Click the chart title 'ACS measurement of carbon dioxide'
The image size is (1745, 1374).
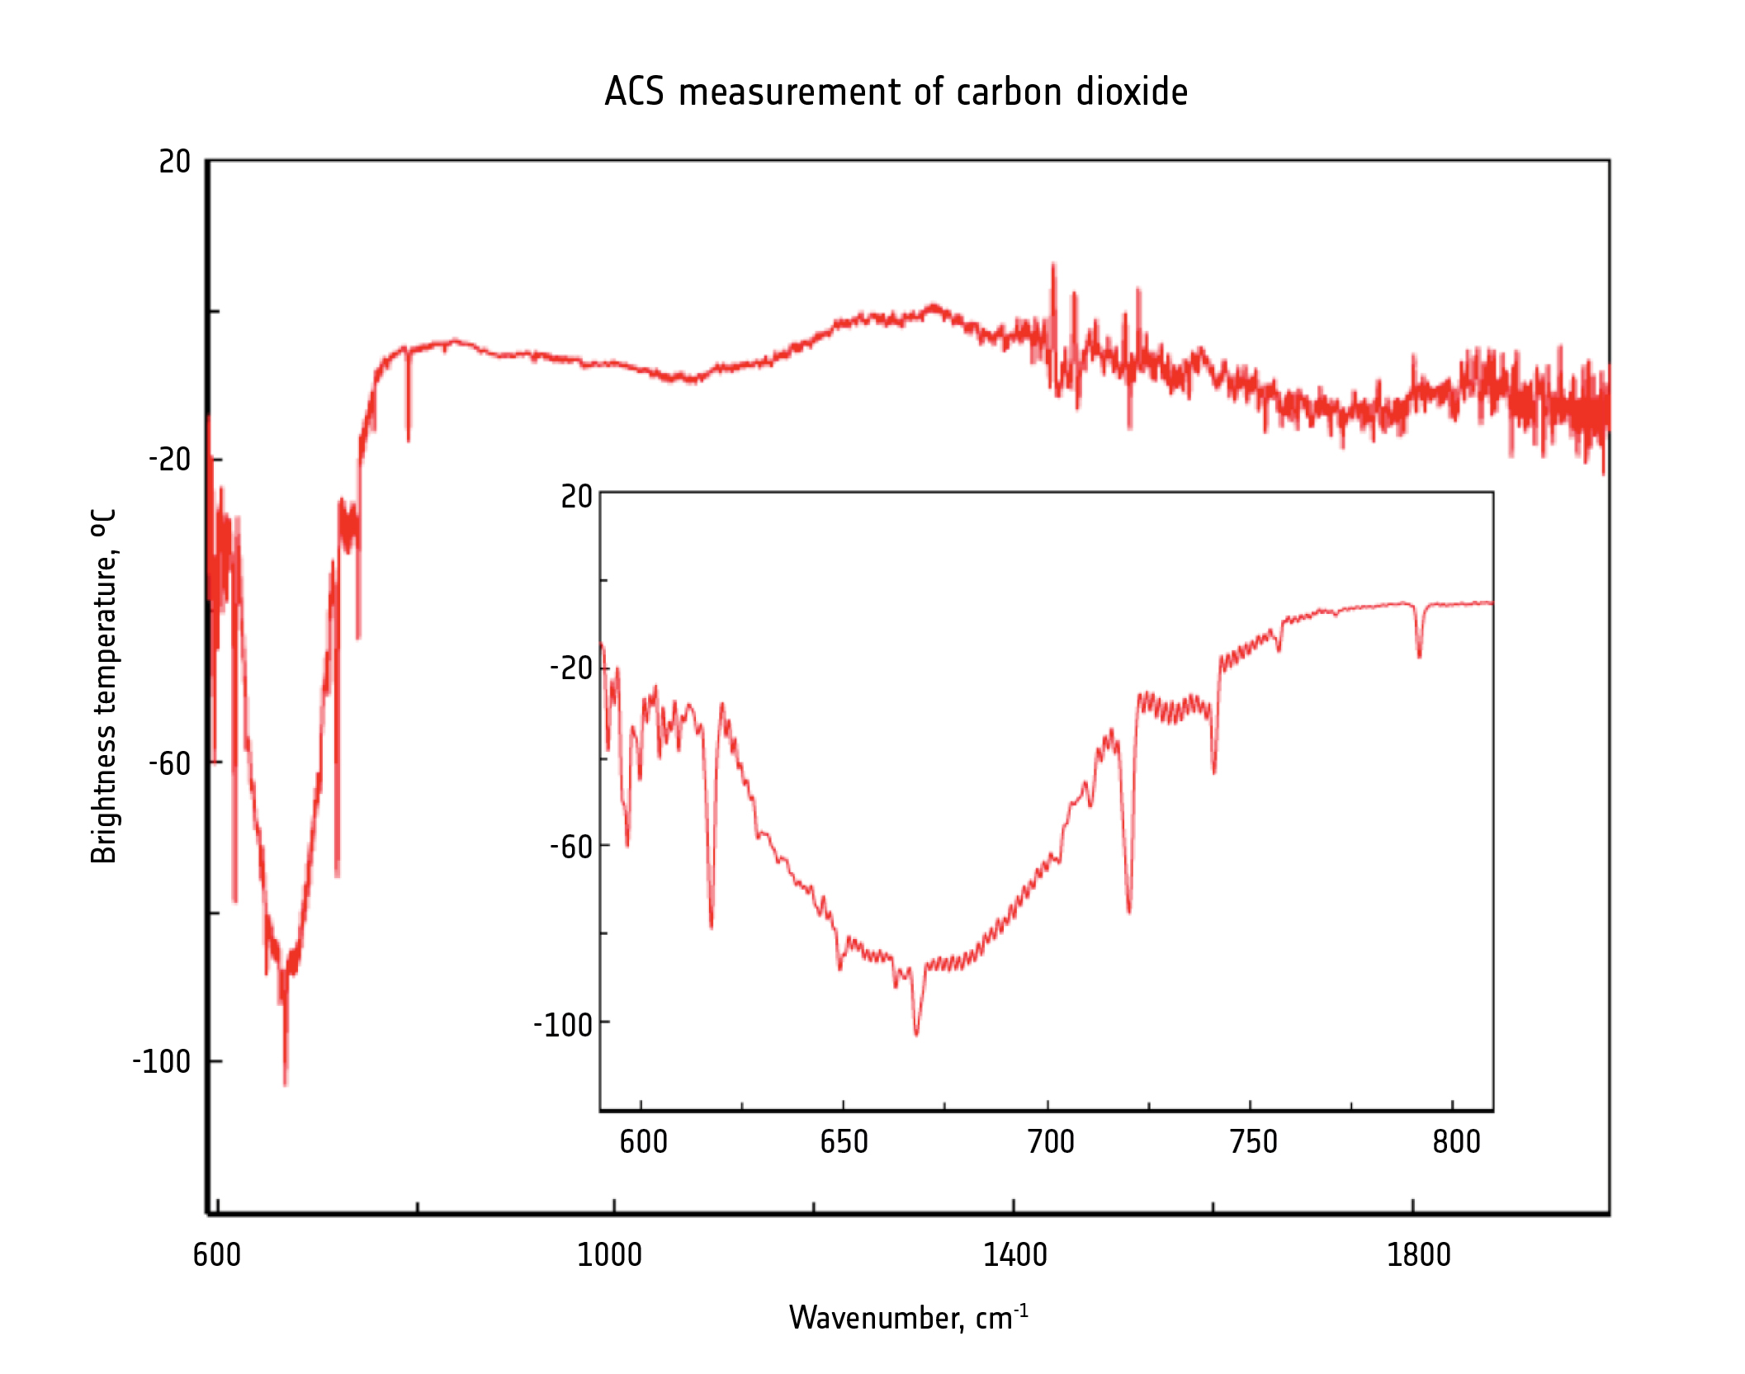click(x=896, y=92)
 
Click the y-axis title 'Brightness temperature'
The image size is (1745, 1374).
click(x=104, y=686)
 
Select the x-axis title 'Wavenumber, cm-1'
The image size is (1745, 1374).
click(x=908, y=1317)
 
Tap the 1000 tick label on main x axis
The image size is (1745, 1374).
click(x=609, y=1255)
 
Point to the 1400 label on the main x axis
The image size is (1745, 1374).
click(x=1014, y=1255)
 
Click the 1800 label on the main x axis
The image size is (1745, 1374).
click(x=1418, y=1255)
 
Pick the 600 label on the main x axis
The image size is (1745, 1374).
click(x=216, y=1255)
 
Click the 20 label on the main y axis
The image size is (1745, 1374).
click(x=174, y=162)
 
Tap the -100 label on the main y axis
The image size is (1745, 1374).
click(x=162, y=1061)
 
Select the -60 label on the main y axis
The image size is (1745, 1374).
click(x=169, y=763)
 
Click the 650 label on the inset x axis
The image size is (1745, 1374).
click(x=844, y=1142)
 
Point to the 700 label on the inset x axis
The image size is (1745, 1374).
click(x=1050, y=1142)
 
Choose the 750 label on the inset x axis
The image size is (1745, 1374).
click(x=1253, y=1142)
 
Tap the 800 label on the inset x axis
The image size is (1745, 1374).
click(x=1456, y=1142)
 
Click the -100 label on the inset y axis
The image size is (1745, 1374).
click(x=563, y=1025)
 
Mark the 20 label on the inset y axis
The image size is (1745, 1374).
click(x=576, y=496)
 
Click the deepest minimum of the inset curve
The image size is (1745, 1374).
click(x=916, y=1033)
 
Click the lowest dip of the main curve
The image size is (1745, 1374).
click(x=285, y=1084)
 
